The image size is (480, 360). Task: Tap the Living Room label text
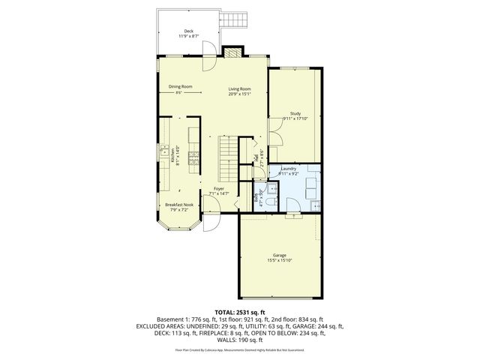pyautogui.click(x=239, y=90)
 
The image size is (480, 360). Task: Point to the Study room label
pyautogui.click(x=295, y=114)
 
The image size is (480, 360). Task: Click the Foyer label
pyautogui.click(x=218, y=188)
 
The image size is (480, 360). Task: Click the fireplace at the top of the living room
pyautogui.click(x=232, y=52)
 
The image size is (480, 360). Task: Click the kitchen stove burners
pyautogui.click(x=193, y=157)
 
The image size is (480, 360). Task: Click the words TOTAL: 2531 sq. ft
pyautogui.click(x=240, y=311)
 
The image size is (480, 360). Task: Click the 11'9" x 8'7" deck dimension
pyautogui.click(x=187, y=36)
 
